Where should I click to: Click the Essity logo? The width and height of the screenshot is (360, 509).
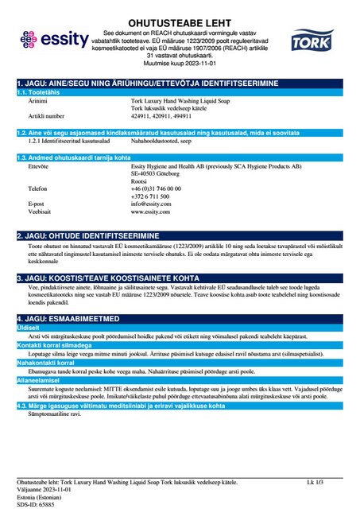click(52, 37)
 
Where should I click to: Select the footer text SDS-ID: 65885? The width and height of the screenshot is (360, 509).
click(38, 503)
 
